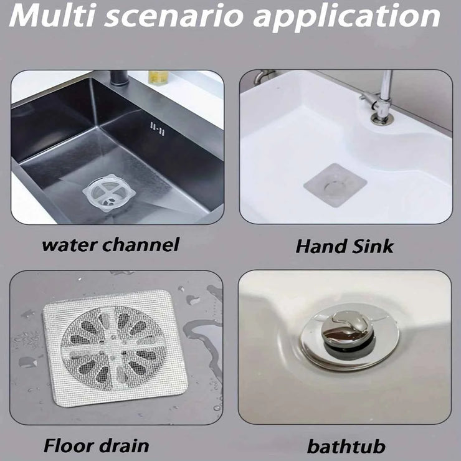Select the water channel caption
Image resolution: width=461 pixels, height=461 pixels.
pos(110,244)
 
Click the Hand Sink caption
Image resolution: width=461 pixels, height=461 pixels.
pos(345,245)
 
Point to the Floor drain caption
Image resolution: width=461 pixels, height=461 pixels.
pos(96,445)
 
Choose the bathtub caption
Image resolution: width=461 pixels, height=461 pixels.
pos(346,446)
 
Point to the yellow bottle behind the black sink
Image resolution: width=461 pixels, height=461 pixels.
pos(158,78)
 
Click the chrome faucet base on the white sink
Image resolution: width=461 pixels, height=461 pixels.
pos(379,116)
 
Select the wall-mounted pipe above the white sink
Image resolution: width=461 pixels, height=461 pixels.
pos(262,77)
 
